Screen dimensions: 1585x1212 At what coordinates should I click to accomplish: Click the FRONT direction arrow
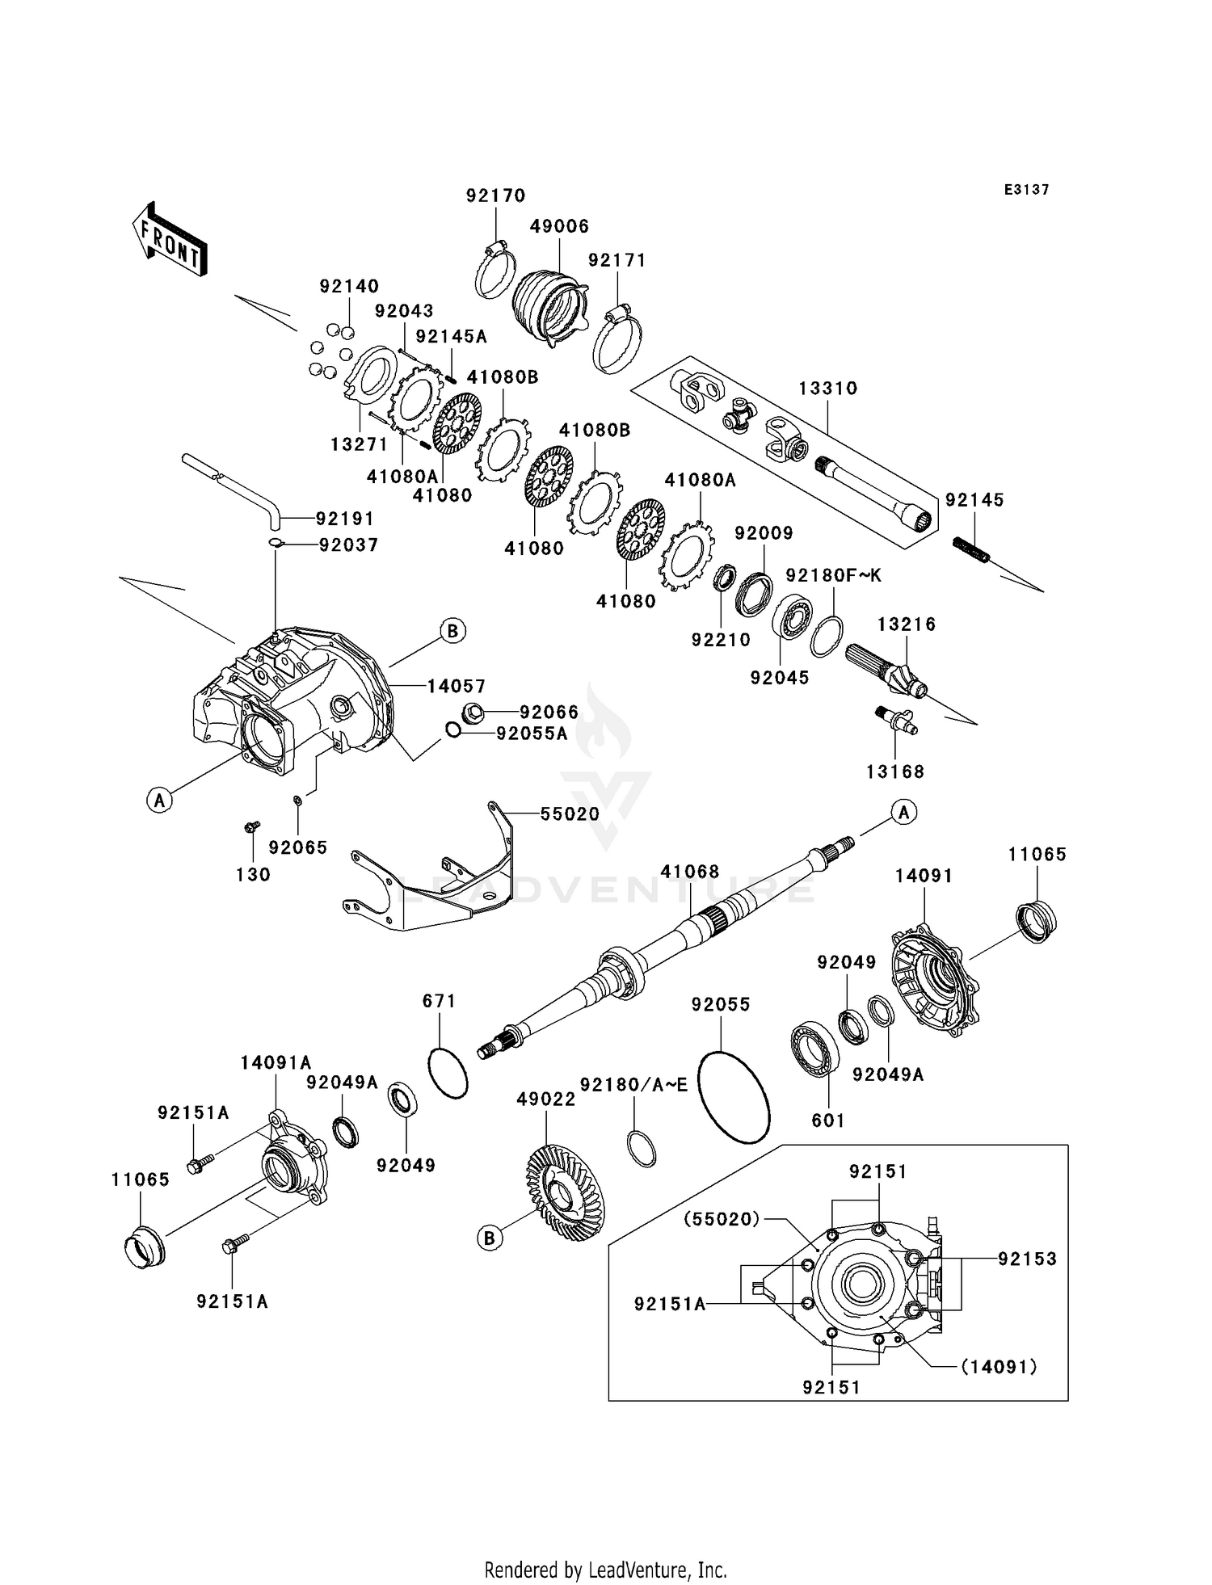click(170, 241)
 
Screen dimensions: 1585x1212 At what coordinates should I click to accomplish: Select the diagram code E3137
click(1026, 190)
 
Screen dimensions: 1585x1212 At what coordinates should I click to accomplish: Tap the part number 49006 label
click(559, 227)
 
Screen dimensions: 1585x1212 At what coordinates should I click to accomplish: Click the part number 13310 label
click(827, 389)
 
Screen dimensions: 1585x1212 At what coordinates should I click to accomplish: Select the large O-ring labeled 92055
click(734, 1096)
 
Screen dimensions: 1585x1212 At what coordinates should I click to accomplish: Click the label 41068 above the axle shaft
click(689, 872)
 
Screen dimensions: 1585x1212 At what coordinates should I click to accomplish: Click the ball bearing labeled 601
click(815, 1049)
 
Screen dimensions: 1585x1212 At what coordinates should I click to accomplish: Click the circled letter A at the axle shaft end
click(903, 812)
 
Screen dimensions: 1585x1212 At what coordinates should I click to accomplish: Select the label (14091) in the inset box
click(999, 1366)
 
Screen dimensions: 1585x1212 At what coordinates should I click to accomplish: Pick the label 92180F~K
click(833, 575)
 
